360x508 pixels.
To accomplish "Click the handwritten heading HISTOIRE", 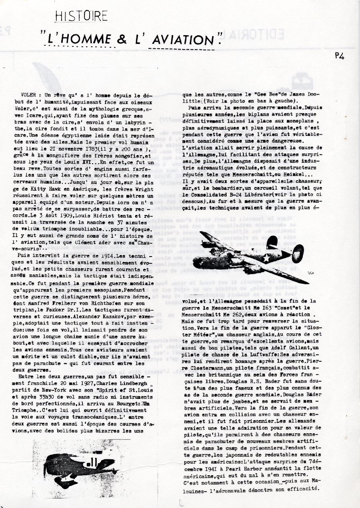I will pos(82,16).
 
